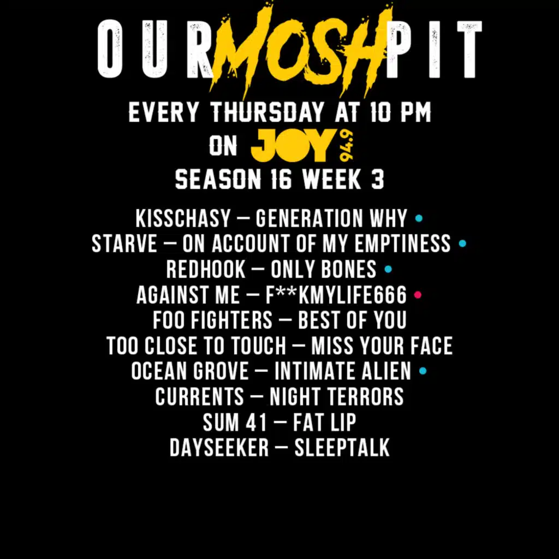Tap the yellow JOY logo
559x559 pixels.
point(292,146)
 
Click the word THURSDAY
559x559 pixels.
point(267,114)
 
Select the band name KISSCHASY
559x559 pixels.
point(183,219)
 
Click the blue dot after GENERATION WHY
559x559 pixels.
point(419,218)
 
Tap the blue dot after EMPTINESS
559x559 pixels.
point(462,243)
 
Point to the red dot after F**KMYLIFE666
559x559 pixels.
point(418,295)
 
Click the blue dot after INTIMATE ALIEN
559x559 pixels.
point(423,372)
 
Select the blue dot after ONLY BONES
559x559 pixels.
point(388,269)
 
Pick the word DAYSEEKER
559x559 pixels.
point(219,448)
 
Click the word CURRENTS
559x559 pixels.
point(199,397)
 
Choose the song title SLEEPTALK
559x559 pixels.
point(342,448)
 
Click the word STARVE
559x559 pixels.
point(124,244)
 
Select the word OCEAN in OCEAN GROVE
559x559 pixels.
point(159,372)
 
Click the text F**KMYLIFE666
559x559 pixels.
point(336,295)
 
